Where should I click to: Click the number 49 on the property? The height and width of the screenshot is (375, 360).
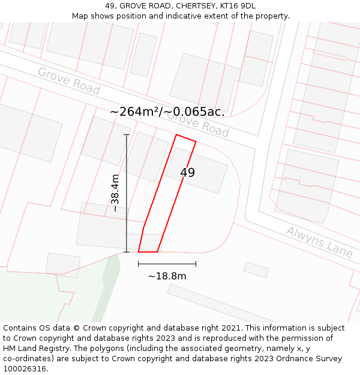pos(187,173)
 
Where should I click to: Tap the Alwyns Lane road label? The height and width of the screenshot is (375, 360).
pos(319,241)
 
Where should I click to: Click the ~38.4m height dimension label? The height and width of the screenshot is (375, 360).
pos(115,193)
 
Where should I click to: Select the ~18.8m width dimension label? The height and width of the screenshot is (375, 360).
pos(167,276)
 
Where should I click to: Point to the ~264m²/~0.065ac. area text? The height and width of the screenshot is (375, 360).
pos(167,112)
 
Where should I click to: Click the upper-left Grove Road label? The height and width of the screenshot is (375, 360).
pos(68,80)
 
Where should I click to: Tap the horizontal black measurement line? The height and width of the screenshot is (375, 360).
pos(167,263)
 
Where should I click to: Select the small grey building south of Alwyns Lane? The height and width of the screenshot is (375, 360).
pos(256,270)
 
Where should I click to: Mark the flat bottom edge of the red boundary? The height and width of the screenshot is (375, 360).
pos(148,251)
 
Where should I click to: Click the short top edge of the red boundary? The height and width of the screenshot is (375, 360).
pos(186,138)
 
